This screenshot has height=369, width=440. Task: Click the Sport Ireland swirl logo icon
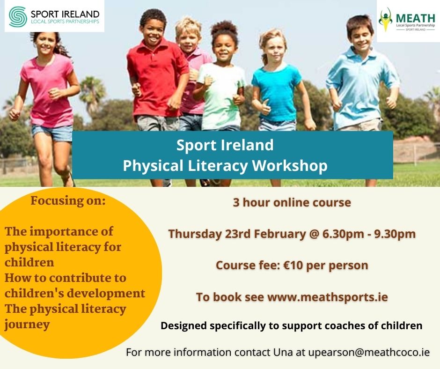click(x=18, y=17)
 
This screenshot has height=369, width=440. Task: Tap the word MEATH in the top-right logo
click(x=415, y=18)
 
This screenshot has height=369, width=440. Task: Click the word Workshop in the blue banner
click(x=290, y=165)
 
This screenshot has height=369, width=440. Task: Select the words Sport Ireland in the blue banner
click(x=225, y=145)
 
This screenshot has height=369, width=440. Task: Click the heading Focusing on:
click(x=68, y=201)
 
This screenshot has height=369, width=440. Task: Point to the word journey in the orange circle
click(x=27, y=325)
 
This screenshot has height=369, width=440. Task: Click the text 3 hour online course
click(x=292, y=202)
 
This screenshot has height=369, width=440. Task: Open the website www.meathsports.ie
click(x=328, y=297)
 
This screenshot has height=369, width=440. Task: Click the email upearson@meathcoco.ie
click(x=369, y=352)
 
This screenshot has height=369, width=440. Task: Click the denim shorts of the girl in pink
click(x=53, y=133)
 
